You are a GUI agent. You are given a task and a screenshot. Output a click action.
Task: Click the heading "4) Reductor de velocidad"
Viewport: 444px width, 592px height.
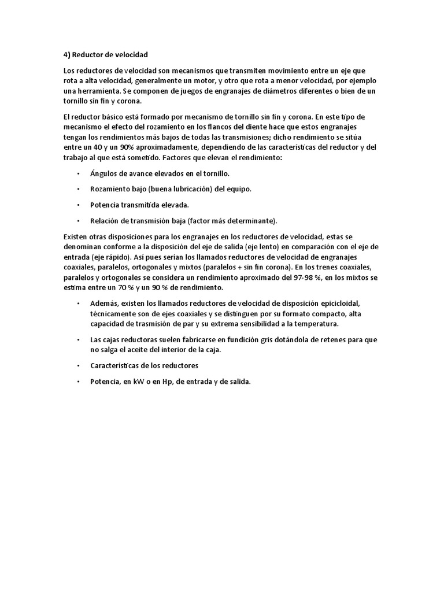click(x=106, y=55)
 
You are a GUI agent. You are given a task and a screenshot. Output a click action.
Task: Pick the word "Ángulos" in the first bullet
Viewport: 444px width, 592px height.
click(x=104, y=173)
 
